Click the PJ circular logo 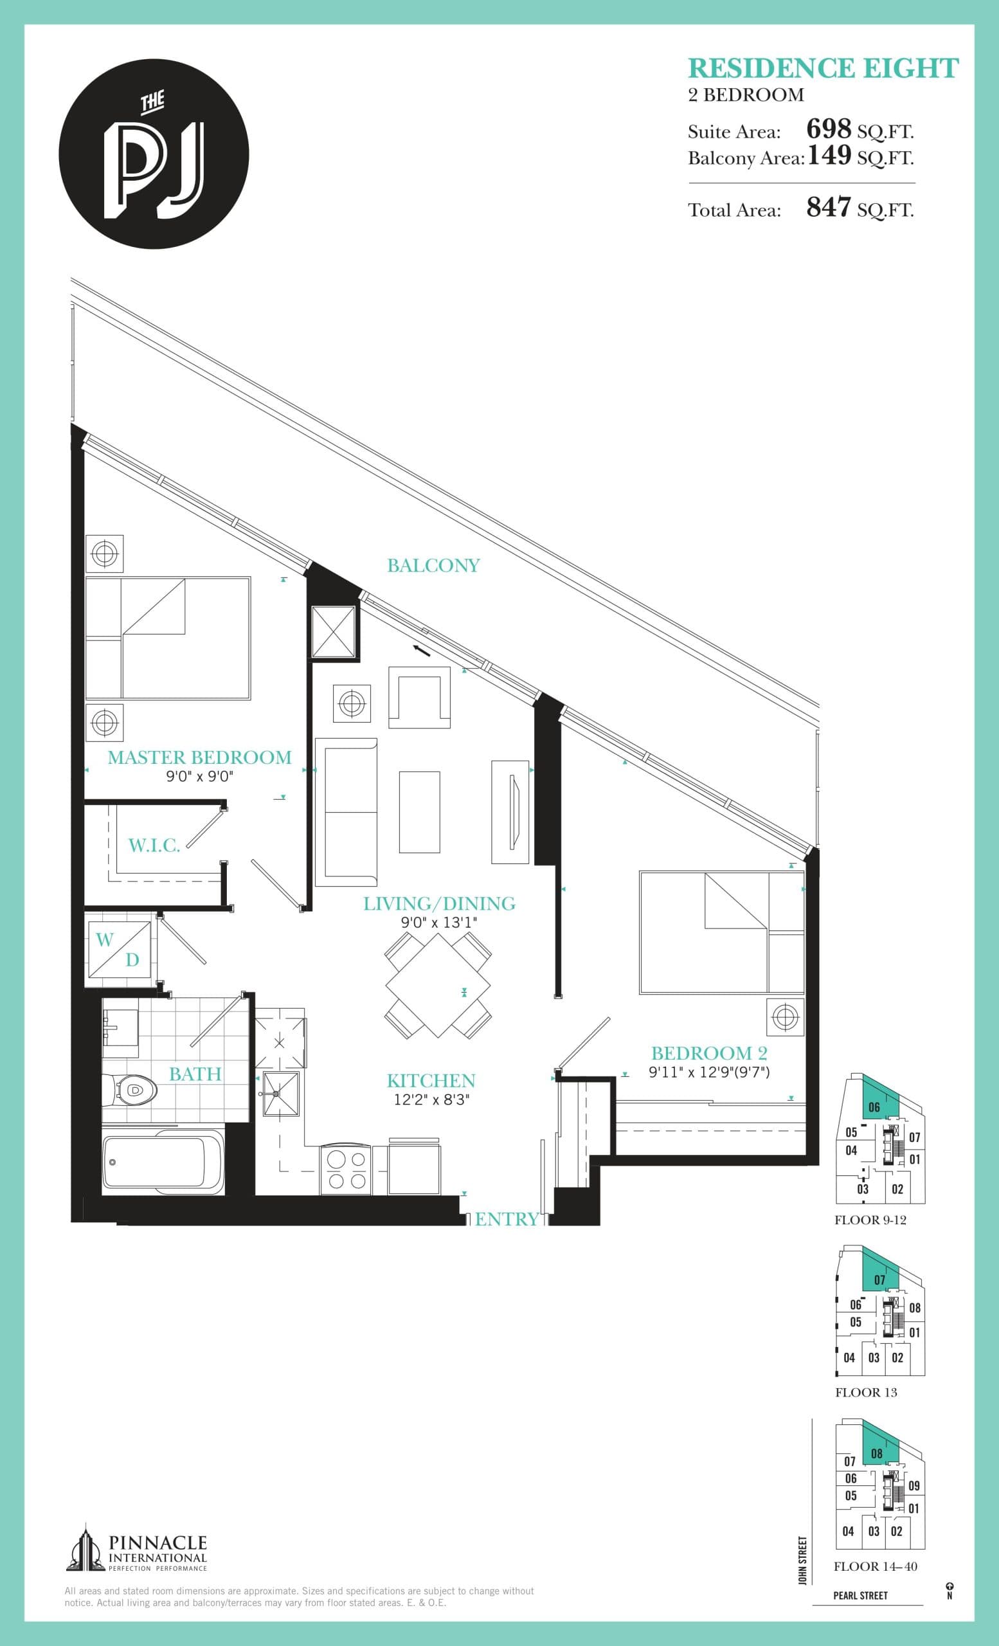pyautogui.click(x=154, y=154)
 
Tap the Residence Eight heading pyautogui.click(x=823, y=68)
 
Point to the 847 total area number pyautogui.click(x=829, y=207)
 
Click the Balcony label pyautogui.click(x=433, y=566)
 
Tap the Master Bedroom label pyautogui.click(x=200, y=757)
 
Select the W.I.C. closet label pyautogui.click(x=154, y=846)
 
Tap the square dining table pyautogui.click(x=438, y=985)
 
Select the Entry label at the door pyautogui.click(x=506, y=1219)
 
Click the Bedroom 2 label pyautogui.click(x=709, y=1053)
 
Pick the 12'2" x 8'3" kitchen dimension pyautogui.click(x=431, y=1100)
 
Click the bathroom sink pyautogui.click(x=120, y=1027)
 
